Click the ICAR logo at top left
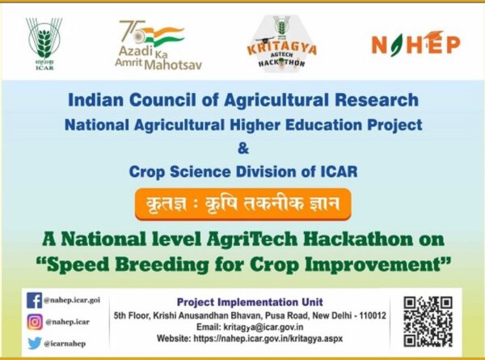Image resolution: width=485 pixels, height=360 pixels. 42,42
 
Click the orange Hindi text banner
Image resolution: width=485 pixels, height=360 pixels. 242,201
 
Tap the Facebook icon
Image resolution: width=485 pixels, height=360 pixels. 34,299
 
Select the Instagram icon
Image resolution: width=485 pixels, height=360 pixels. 34,321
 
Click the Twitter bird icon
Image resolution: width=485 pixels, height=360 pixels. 34,342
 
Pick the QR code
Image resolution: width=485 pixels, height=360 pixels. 428,320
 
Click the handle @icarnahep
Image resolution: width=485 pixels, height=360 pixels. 65,343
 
